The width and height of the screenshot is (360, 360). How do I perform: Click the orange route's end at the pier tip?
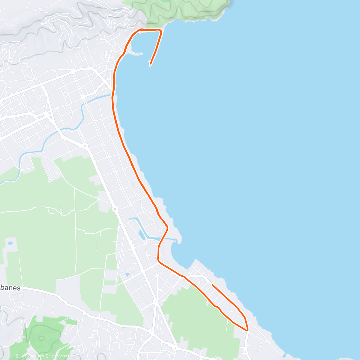point(150,63)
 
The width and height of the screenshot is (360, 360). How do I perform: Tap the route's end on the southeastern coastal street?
point(212,285)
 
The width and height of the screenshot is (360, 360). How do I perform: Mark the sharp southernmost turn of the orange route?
point(247,330)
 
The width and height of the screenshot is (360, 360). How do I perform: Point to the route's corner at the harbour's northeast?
point(161,31)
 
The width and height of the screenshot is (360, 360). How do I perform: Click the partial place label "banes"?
point(10,288)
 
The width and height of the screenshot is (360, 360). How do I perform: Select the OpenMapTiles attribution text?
point(29,356)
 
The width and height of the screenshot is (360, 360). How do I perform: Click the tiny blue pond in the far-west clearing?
point(11,242)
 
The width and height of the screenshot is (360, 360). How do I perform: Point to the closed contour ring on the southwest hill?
point(41,338)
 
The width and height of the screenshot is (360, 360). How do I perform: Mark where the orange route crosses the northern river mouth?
point(113,95)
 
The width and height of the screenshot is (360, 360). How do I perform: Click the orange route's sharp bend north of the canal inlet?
point(167,227)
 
